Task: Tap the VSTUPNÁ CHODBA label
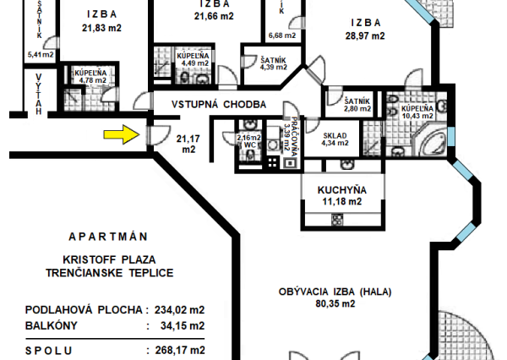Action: coord(219,104)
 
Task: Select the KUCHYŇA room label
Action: coord(341,189)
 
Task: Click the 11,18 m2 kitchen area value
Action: coord(341,201)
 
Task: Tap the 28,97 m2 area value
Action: coord(364,36)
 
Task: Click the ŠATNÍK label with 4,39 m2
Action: coord(253,60)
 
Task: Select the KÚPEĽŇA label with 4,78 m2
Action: coord(90,74)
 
